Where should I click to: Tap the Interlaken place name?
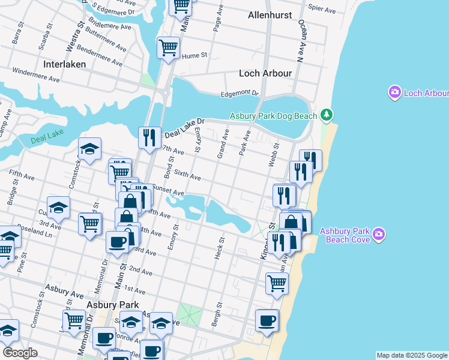tap(65, 64)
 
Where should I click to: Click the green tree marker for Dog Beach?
tap(326, 114)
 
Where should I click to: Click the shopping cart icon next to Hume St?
tap(169, 47)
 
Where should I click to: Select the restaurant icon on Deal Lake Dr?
tap(149, 137)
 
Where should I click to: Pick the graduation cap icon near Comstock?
tap(89, 149)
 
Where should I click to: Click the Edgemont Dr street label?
tap(239, 93)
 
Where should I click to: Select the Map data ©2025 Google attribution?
tap(412, 355)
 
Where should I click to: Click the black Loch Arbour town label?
tap(265, 73)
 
